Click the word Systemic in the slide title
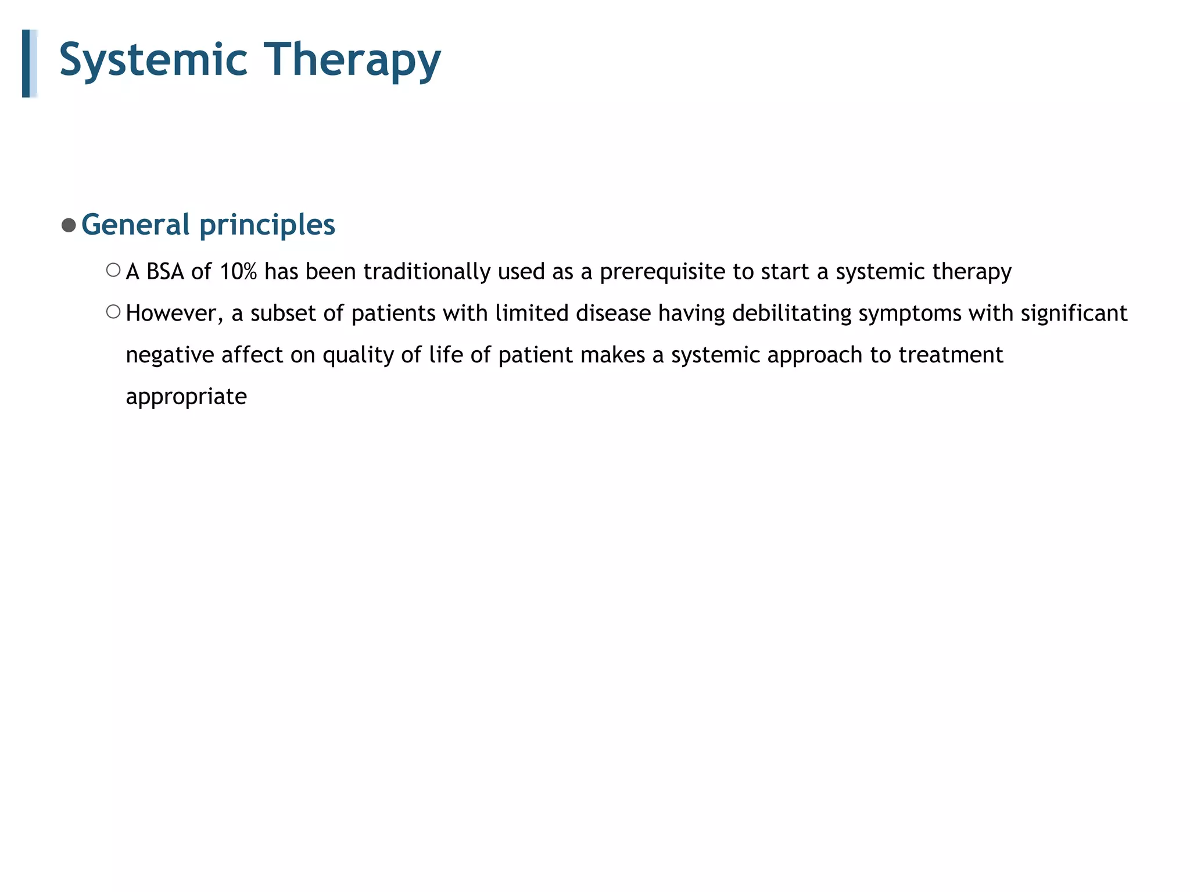pyautogui.click(x=153, y=59)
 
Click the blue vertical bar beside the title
pyautogui.click(x=27, y=63)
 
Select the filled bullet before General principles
pyautogui.click(x=69, y=225)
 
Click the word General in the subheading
pyautogui.click(x=135, y=225)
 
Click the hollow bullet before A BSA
pyautogui.click(x=113, y=270)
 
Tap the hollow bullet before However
pyautogui.click(x=113, y=312)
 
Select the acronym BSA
pyautogui.click(x=165, y=272)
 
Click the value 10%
pyautogui.click(x=238, y=272)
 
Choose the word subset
pyautogui.click(x=283, y=314)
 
